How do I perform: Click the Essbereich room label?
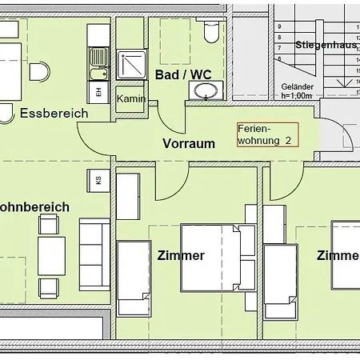click(54, 113)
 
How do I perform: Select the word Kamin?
click(130, 98)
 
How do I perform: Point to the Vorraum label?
click(190, 144)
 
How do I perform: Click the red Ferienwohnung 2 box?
click(266, 134)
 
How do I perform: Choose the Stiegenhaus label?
click(325, 46)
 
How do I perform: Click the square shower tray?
click(130, 66)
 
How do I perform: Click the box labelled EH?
click(98, 92)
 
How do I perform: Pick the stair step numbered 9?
click(278, 26)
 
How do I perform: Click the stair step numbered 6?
click(278, 58)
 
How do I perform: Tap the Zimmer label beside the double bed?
click(181, 256)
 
